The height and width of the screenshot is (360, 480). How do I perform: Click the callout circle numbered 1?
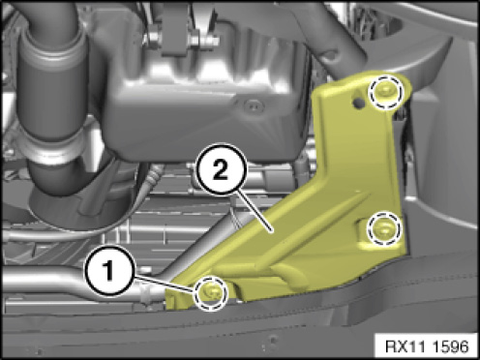pos(109,271)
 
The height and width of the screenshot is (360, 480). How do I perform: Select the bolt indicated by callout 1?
pos(211,293)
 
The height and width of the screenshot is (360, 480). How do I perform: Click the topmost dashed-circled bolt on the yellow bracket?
pos(386,92)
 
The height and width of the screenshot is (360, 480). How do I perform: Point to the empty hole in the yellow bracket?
pos(357,102)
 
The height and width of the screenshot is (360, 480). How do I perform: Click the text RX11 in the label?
pos(405,346)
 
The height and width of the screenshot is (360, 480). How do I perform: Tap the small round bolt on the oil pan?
pos(254,105)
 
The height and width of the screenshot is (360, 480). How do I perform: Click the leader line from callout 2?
pos(254,211)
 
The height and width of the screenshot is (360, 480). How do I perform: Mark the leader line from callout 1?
pos(165,283)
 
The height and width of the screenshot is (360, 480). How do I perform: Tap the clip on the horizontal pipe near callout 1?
pos(146,292)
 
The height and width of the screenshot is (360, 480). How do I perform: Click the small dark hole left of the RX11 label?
pos(274,339)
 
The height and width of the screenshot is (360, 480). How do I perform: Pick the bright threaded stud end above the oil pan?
pos(213,41)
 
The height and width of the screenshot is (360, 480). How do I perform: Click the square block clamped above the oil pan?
pos(173,32)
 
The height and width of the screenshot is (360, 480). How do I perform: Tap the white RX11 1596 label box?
pos(427,346)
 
